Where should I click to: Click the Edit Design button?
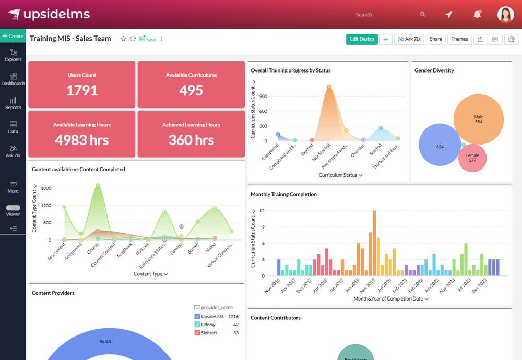click(362, 39)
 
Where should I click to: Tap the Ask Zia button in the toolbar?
click(409, 39)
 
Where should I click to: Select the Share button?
click(435, 39)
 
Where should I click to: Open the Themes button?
click(459, 39)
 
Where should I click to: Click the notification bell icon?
click(477, 15)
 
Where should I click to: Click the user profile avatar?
click(505, 15)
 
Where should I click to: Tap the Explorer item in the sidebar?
click(13, 54)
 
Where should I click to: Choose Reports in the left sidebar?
click(13, 103)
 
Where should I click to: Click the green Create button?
click(13, 36)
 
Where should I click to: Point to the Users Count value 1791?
click(82, 90)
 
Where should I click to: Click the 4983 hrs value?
click(82, 140)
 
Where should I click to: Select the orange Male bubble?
click(478, 119)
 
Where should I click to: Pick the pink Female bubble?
click(472, 158)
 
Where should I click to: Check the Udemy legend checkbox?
click(197, 325)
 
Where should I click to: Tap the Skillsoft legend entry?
click(209, 333)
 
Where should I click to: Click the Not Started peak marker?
click(329, 87)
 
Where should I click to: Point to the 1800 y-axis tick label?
click(45, 188)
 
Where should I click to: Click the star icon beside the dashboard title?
click(124, 39)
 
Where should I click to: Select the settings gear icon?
click(511, 39)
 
